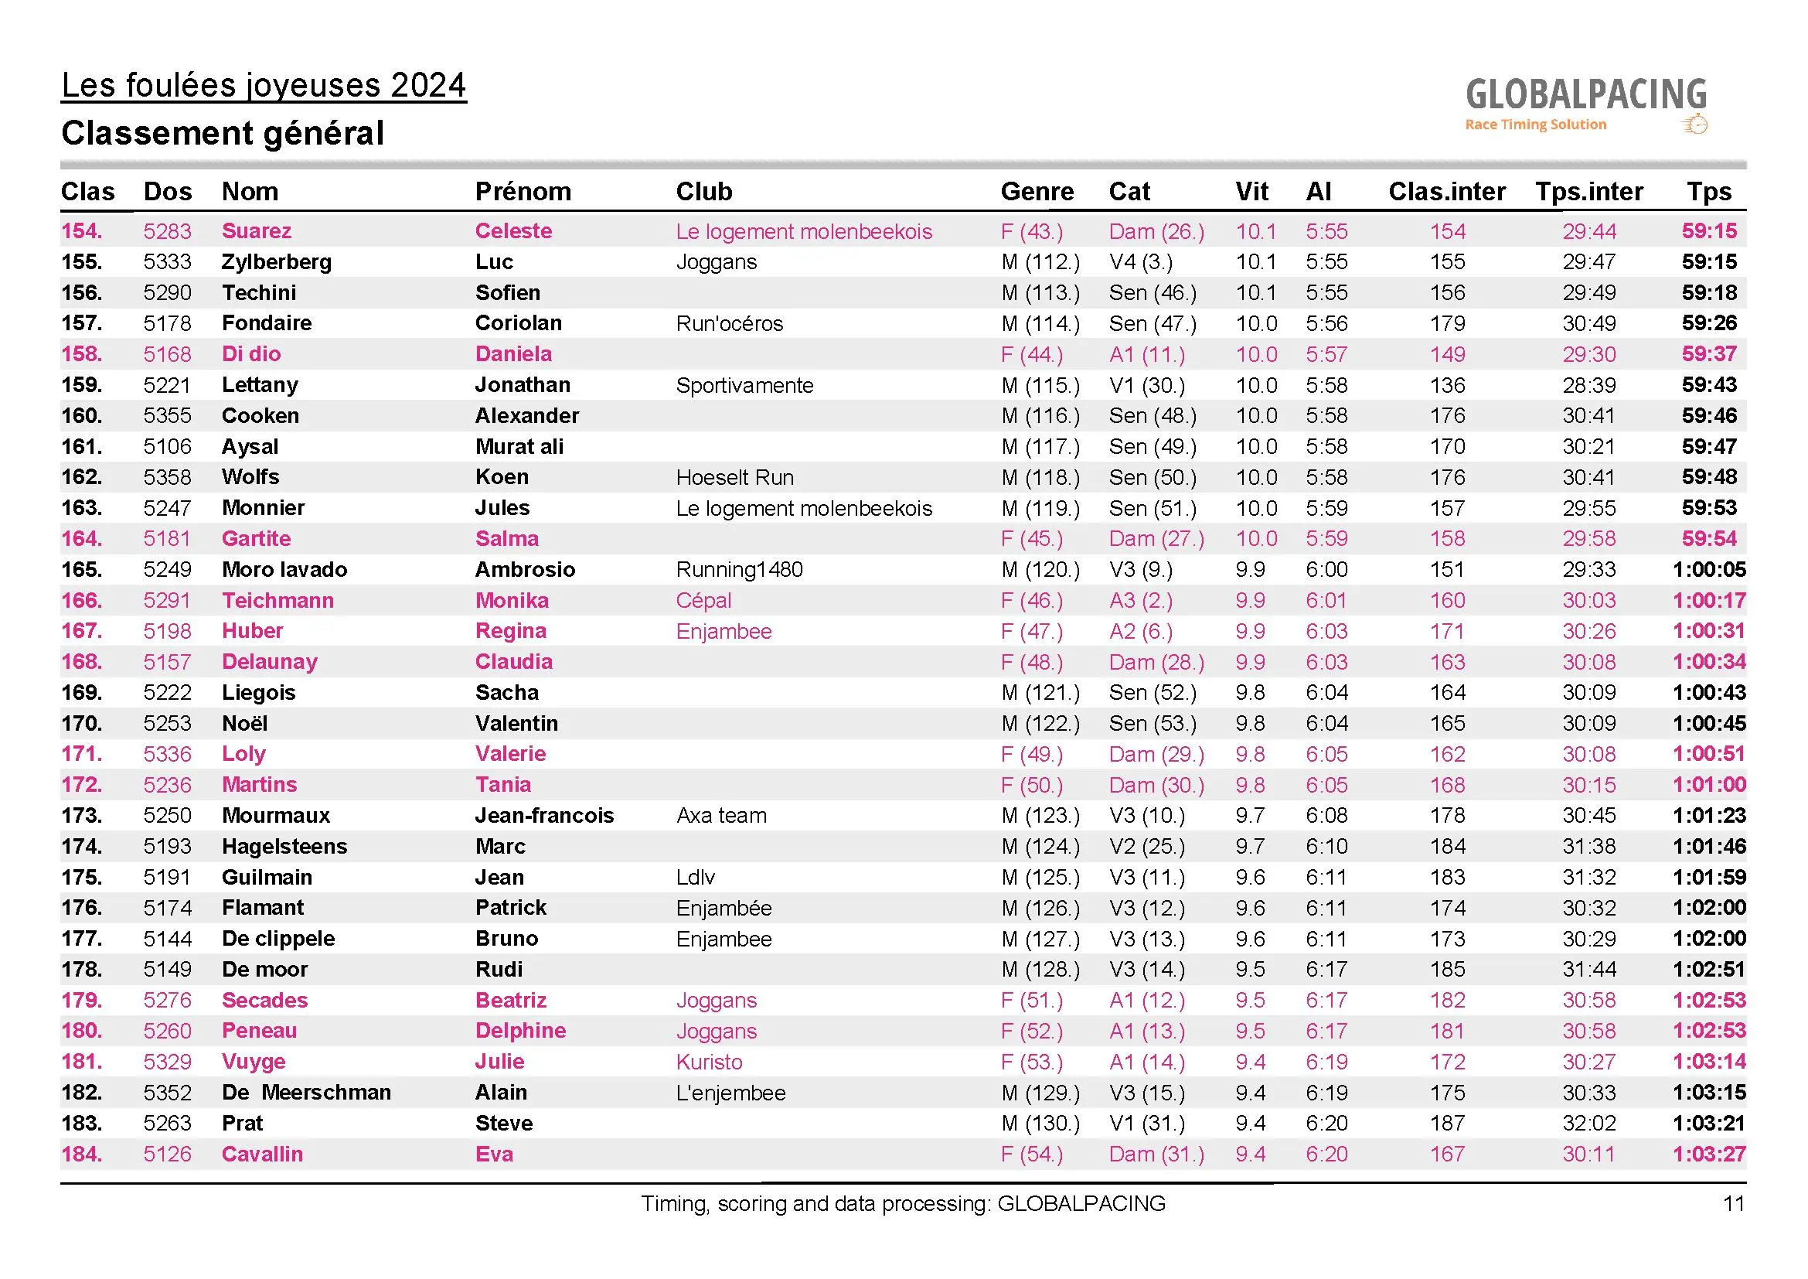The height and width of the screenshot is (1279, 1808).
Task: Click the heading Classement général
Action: [223, 133]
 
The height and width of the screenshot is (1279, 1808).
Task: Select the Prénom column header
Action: [523, 191]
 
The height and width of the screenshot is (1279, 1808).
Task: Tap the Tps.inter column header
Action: [1589, 191]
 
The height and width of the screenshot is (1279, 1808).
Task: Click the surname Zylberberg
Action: [277, 262]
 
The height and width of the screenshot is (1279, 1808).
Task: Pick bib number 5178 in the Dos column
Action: [167, 324]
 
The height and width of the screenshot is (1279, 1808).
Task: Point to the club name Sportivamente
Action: [744, 385]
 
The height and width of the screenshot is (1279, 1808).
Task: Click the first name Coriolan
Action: [518, 324]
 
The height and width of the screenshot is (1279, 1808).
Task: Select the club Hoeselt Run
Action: [734, 477]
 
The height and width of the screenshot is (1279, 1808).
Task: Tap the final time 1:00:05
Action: [1709, 569]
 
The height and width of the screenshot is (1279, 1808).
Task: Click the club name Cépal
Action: [703, 601]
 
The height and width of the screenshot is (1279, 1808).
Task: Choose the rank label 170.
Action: [81, 724]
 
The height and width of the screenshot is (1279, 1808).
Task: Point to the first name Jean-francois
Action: [544, 816]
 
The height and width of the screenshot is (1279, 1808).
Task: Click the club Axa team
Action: [721, 816]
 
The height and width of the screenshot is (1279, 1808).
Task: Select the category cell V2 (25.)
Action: [1146, 847]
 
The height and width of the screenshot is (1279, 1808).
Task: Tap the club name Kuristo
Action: [709, 1062]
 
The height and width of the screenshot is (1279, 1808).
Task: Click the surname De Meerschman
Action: [306, 1093]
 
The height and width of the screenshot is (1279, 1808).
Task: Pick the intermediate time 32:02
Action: [1589, 1124]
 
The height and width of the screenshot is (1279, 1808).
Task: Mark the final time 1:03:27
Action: [1709, 1155]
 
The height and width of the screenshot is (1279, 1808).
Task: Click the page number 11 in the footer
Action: [1734, 1204]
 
